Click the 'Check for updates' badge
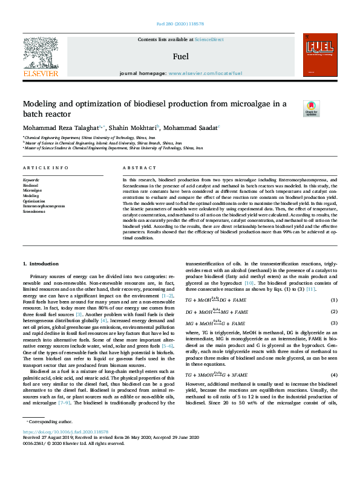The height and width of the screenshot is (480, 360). (311, 108)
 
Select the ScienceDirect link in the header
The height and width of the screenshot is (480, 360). (208, 39)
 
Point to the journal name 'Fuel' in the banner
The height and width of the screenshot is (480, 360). (180, 56)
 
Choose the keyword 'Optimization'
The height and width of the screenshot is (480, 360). (34, 201)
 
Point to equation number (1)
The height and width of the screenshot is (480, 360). (333, 300)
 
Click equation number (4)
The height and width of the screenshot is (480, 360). (333, 358)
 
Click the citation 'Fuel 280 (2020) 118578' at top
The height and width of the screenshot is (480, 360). (180, 24)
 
